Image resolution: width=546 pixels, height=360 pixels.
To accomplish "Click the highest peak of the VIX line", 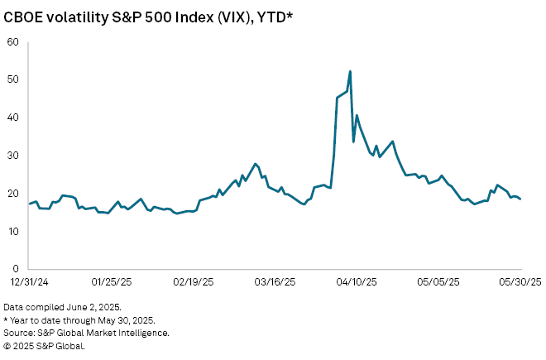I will click(351, 71).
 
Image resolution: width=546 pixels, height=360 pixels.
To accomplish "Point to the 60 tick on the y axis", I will click(14, 41).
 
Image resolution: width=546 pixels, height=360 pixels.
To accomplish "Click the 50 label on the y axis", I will click(14, 79).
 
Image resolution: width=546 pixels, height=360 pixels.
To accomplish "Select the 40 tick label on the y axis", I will click(14, 118).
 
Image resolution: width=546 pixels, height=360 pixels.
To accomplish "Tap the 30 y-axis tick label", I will click(14, 156).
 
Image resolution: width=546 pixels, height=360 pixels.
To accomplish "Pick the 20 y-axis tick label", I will click(14, 194).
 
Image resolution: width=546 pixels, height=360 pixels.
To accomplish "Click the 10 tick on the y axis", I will click(14, 231).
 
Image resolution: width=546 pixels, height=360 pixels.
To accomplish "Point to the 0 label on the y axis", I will click(17, 269).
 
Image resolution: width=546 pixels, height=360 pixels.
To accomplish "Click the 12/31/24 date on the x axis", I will click(29, 282).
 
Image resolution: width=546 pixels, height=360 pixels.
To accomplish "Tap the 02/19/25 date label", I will click(194, 282).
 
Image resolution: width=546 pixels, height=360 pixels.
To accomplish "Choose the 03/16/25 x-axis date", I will click(275, 282).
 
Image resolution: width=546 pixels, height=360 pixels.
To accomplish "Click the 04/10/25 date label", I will click(357, 282).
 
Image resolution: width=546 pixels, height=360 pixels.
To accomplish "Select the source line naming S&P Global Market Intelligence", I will click(87, 333).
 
